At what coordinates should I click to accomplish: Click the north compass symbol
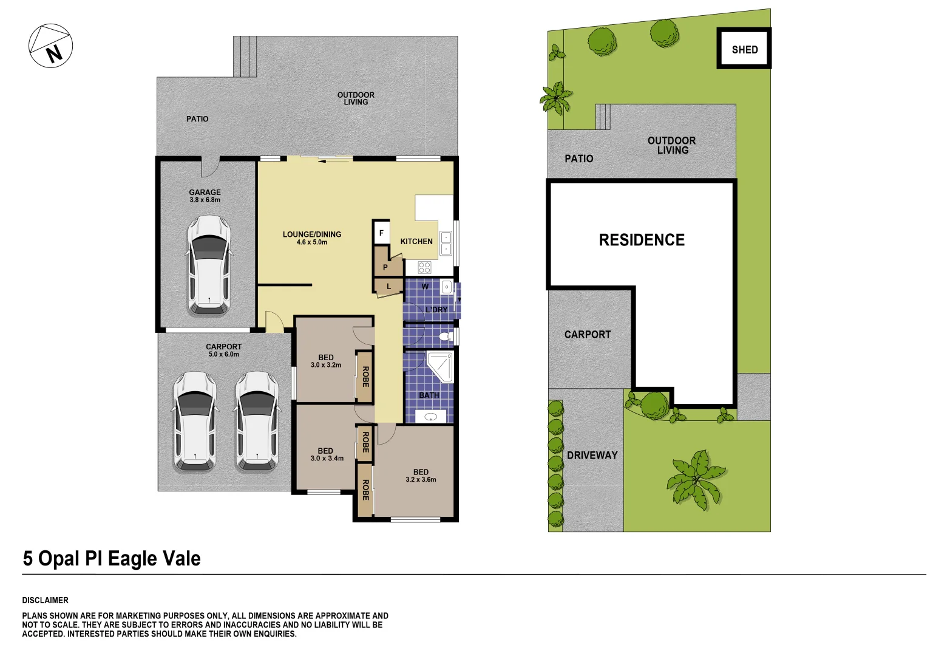pyautogui.click(x=51, y=46)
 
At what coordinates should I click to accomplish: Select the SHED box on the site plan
pyautogui.click(x=744, y=49)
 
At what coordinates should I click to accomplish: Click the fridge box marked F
pyautogui.click(x=381, y=232)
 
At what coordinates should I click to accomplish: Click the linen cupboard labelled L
pyautogui.click(x=388, y=286)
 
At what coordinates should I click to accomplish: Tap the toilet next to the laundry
pyautogui.click(x=446, y=336)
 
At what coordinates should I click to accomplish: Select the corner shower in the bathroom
pyautogui.click(x=441, y=366)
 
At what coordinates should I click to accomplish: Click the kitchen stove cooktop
pyautogui.click(x=424, y=267)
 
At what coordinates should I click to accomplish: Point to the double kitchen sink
pyautogui.click(x=446, y=242)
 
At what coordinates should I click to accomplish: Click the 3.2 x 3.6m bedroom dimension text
pyautogui.click(x=421, y=480)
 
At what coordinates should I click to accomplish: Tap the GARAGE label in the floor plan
pyautogui.click(x=205, y=192)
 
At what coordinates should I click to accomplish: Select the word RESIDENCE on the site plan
pyautogui.click(x=642, y=240)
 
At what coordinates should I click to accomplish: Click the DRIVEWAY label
pyautogui.click(x=592, y=455)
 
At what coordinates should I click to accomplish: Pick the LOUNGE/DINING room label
pyautogui.click(x=312, y=234)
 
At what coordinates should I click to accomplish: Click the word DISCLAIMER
pyautogui.click(x=46, y=600)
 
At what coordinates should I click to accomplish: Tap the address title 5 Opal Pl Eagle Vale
pyautogui.click(x=112, y=558)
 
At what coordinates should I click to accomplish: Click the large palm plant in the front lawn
pyautogui.click(x=696, y=479)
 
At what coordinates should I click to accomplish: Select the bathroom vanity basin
pyautogui.click(x=430, y=417)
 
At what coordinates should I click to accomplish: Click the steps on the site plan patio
pyautogui.click(x=602, y=117)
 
